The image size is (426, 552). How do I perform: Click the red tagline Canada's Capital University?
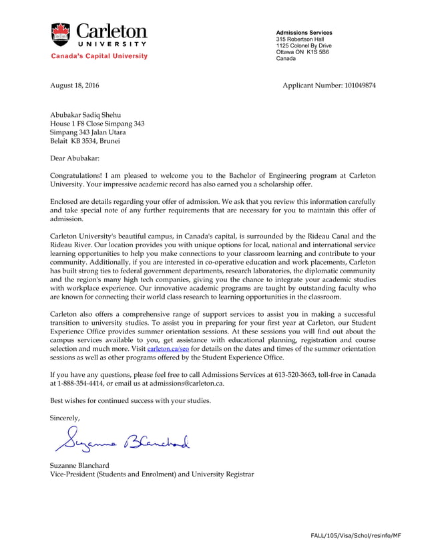[x=99, y=56]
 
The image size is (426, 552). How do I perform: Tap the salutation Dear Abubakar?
[x=75, y=158]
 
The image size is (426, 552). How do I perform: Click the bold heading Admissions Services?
[x=304, y=33]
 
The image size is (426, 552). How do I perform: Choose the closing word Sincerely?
[x=65, y=418]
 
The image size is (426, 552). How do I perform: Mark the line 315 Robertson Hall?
[x=300, y=39]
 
